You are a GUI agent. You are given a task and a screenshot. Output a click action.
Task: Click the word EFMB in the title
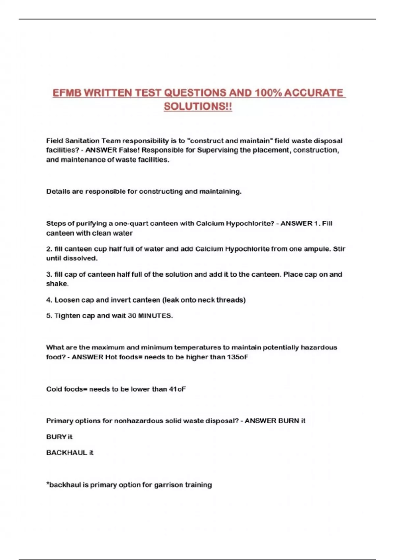click(x=67, y=93)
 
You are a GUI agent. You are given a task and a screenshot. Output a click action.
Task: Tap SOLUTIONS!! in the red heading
click(x=198, y=106)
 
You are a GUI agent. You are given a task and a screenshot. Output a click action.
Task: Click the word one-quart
click(x=131, y=223)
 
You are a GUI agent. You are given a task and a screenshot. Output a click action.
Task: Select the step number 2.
click(x=49, y=249)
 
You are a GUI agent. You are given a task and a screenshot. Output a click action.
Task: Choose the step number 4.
click(x=49, y=300)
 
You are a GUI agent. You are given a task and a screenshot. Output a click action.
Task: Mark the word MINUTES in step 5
click(x=155, y=316)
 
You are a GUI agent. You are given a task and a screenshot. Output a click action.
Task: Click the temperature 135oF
click(x=237, y=357)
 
